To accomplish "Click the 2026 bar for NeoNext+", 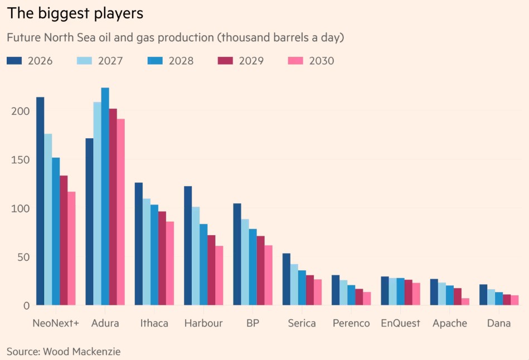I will (x=40, y=201).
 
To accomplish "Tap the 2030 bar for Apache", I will (x=465, y=301).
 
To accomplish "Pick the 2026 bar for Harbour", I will (x=188, y=246).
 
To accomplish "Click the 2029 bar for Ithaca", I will (x=162, y=258).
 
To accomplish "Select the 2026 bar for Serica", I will (x=286, y=279).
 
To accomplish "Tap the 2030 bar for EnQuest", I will (x=416, y=294).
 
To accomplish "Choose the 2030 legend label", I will (x=322, y=61).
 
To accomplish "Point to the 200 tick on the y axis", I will (x=20, y=111).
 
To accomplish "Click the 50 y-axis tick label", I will (x=23, y=257).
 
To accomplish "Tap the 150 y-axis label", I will (x=20, y=160).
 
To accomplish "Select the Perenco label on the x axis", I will (x=351, y=323).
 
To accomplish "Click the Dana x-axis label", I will (x=498, y=323).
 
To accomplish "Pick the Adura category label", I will (x=105, y=323).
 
